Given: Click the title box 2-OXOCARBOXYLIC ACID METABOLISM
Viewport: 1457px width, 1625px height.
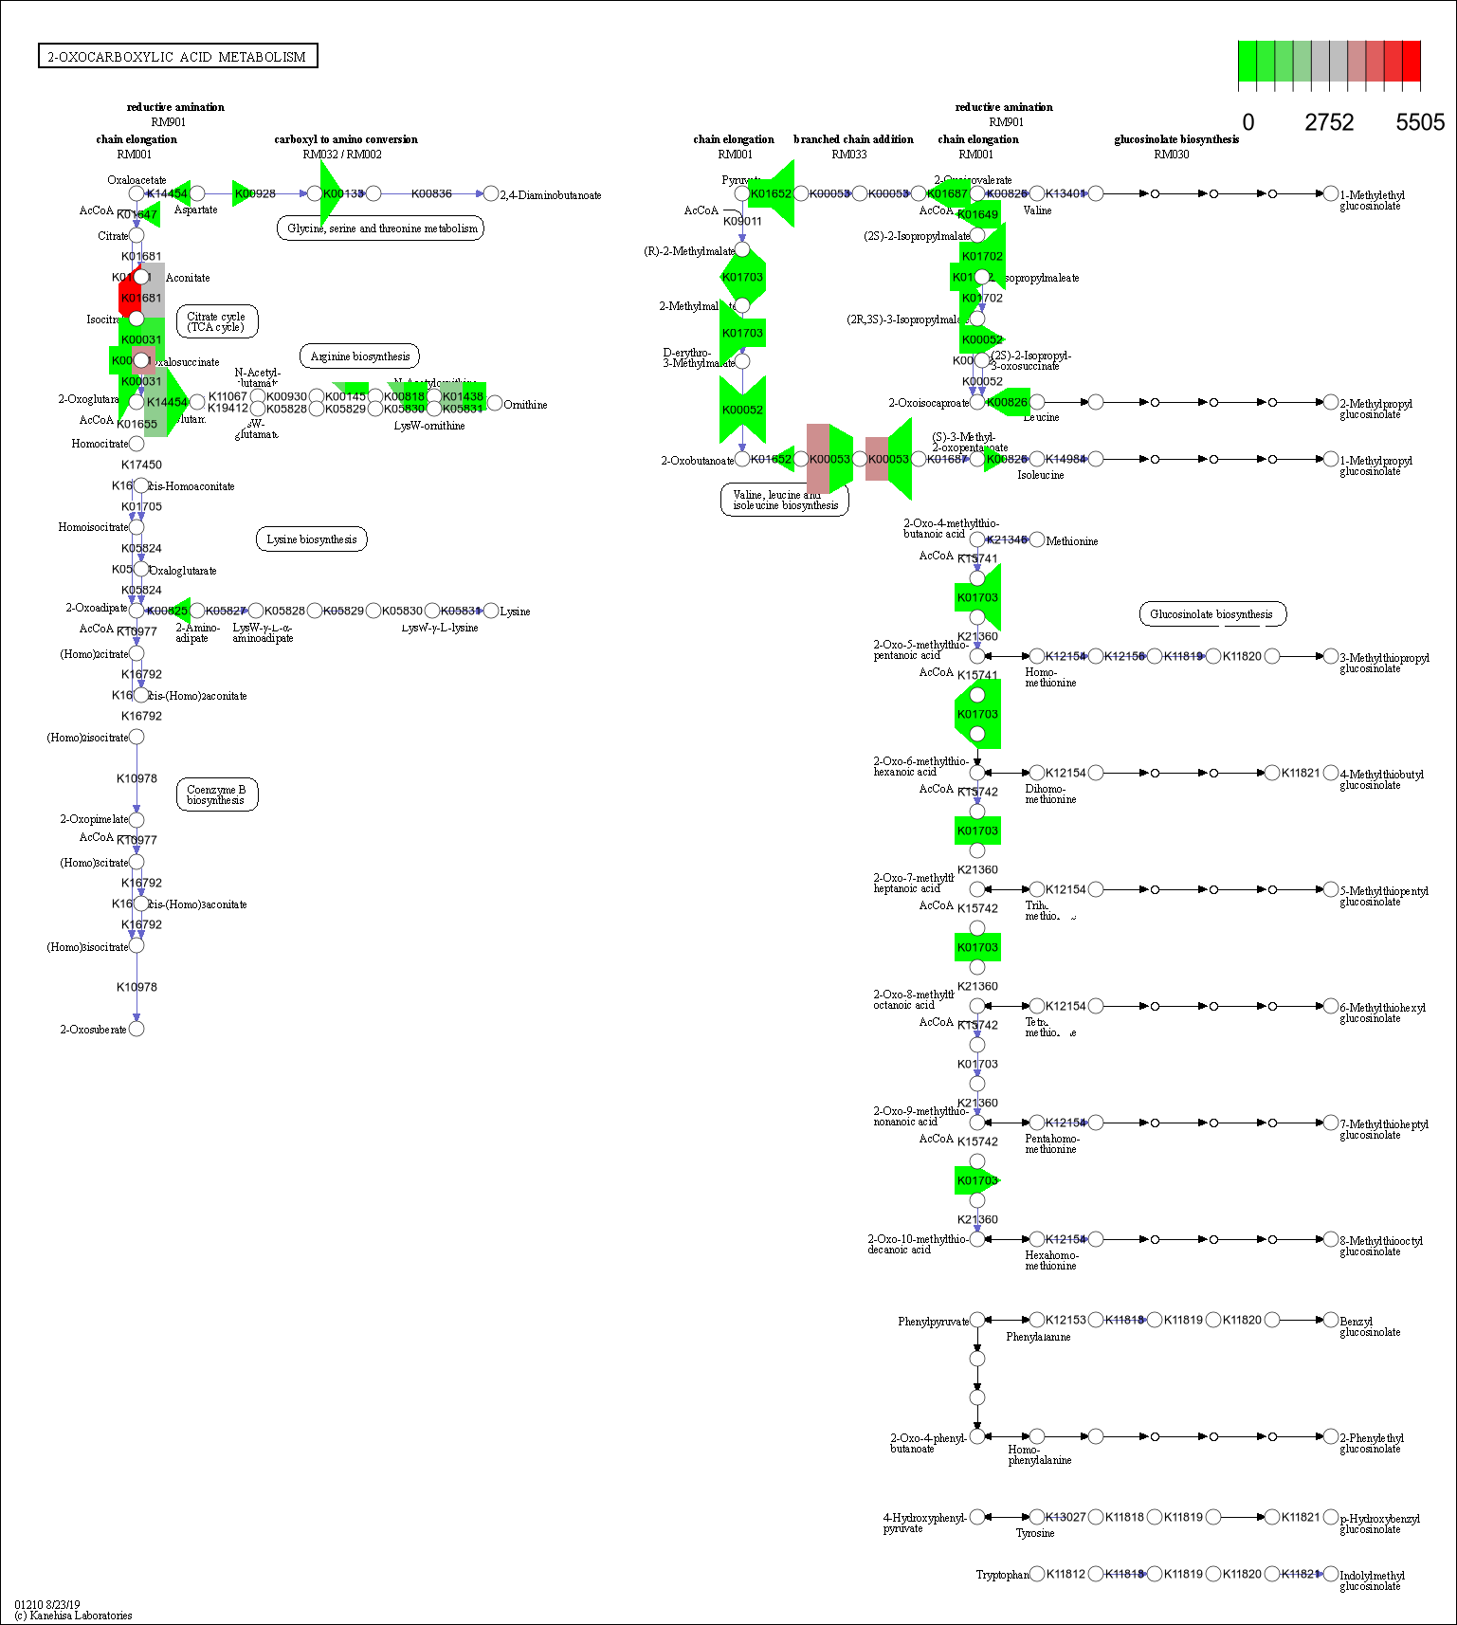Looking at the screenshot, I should click(x=177, y=57).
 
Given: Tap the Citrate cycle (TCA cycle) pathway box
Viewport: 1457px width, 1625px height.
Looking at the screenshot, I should click(x=216, y=321).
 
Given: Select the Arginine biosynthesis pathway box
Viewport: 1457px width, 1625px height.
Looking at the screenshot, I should click(x=359, y=356).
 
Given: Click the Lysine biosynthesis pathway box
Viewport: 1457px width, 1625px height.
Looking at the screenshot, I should click(x=311, y=539).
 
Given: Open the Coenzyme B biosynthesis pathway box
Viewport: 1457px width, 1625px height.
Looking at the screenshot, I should click(x=216, y=794).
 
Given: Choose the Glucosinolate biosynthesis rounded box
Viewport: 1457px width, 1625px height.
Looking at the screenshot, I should click(x=1211, y=614).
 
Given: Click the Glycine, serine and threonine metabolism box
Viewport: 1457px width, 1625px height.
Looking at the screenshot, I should click(x=381, y=228).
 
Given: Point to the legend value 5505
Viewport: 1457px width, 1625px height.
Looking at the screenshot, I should click(x=1419, y=122).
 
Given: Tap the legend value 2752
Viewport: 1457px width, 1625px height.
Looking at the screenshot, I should click(x=1328, y=122).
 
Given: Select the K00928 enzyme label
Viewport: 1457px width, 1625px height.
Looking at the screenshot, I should click(x=255, y=193).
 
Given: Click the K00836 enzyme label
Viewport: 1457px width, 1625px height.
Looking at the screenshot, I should click(x=431, y=193).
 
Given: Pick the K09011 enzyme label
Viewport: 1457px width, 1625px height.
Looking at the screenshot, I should click(x=742, y=221).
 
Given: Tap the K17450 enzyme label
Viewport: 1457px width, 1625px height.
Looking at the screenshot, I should click(x=141, y=465).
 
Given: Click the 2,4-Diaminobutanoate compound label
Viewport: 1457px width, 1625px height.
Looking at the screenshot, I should click(x=551, y=195).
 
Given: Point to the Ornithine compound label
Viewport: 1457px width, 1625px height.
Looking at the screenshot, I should click(x=525, y=405).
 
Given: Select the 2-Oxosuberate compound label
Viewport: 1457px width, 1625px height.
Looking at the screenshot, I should click(x=93, y=1030).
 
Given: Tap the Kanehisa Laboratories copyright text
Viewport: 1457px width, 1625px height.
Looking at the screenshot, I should click(x=73, y=1616).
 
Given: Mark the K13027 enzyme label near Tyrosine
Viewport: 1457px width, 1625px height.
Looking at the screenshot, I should click(x=1065, y=1517).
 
